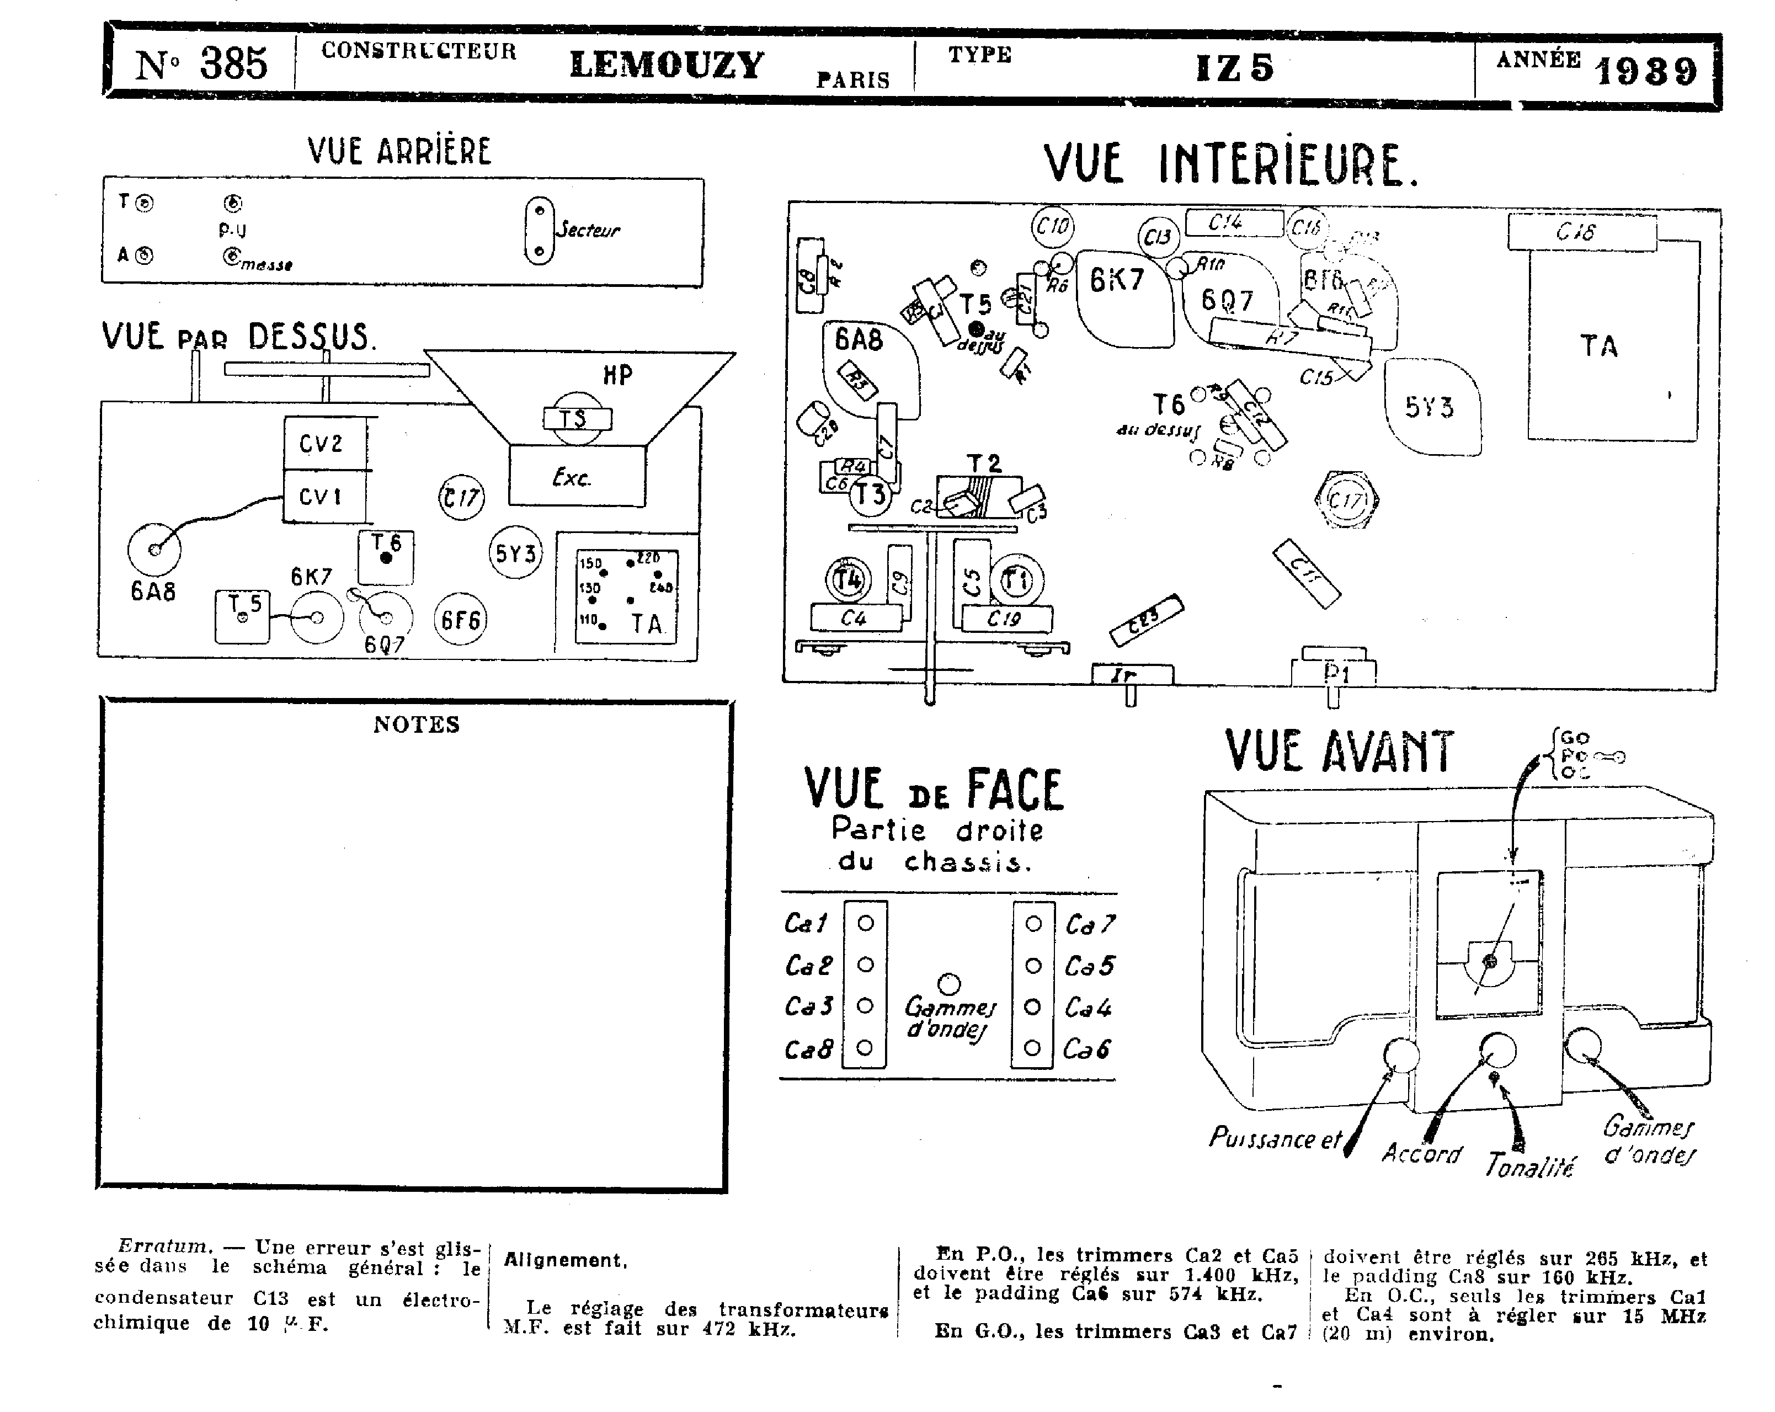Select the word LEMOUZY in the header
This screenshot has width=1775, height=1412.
click(x=667, y=65)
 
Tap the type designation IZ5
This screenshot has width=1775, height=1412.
click(x=1234, y=67)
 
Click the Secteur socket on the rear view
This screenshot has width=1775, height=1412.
click(x=539, y=231)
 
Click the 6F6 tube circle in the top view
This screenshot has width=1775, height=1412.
click(x=460, y=619)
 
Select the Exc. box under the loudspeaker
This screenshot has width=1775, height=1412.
click(x=576, y=476)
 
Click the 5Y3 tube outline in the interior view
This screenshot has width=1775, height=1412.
click(x=1431, y=407)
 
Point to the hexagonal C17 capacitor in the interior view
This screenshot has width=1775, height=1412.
click(x=1347, y=500)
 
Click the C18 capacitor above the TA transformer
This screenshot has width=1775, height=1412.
click(x=1581, y=232)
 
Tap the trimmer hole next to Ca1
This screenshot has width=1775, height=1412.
click(x=865, y=923)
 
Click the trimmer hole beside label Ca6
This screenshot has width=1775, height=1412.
click(x=1033, y=1048)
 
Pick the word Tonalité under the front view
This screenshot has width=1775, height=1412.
click(x=1529, y=1165)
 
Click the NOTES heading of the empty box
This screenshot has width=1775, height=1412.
click(x=417, y=724)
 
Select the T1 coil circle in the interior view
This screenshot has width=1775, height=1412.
click(x=1017, y=581)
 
